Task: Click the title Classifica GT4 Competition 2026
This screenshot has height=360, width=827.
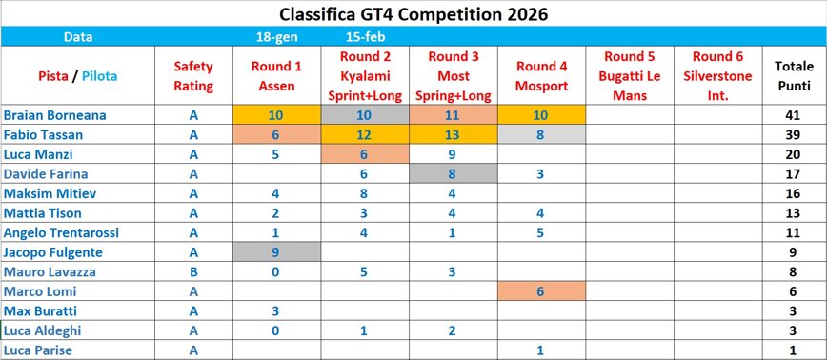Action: click(x=413, y=14)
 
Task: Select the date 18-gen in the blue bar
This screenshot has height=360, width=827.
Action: click(x=274, y=37)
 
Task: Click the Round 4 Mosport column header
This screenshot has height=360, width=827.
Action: click(x=541, y=76)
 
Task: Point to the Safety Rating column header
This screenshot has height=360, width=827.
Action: click(x=193, y=76)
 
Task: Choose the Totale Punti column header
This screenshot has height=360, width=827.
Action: click(x=794, y=76)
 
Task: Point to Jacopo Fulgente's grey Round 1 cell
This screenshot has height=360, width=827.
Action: click(x=274, y=252)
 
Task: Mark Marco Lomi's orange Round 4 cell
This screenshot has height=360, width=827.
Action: click(x=541, y=291)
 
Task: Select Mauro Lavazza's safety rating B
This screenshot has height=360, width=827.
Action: click(x=193, y=271)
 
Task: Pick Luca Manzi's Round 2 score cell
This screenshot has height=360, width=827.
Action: click(x=364, y=154)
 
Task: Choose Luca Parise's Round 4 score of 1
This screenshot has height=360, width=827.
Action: click(x=541, y=350)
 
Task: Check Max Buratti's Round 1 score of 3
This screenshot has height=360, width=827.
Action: click(x=274, y=311)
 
